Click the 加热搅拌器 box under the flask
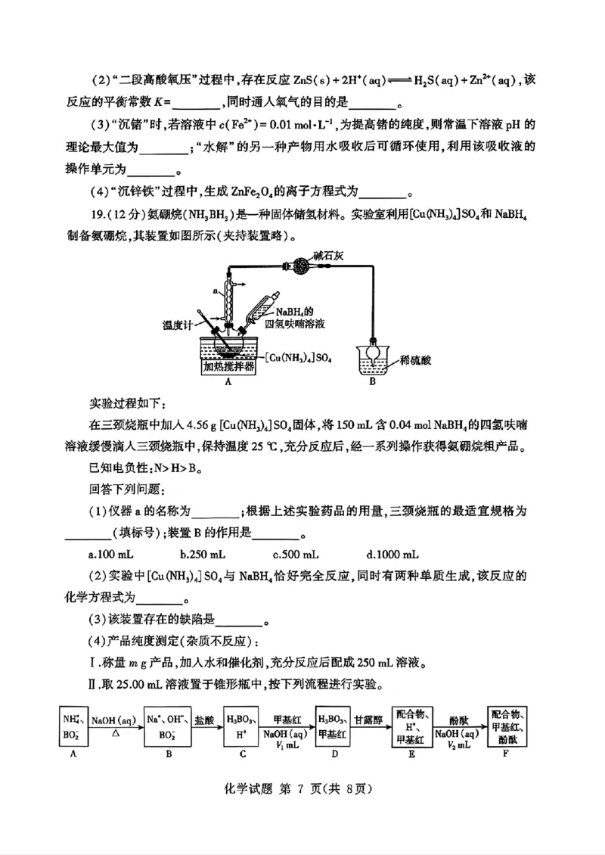[228, 367]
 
